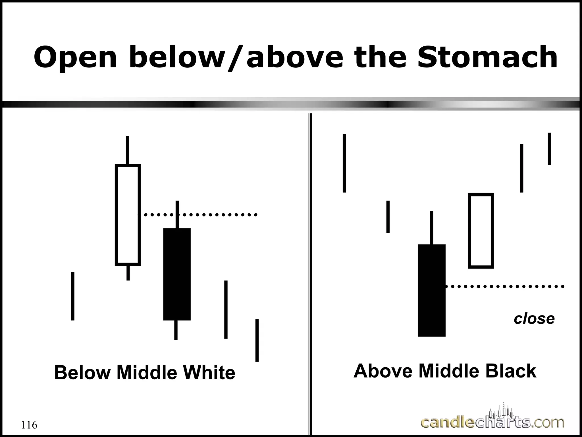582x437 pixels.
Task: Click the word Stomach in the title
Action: (x=487, y=57)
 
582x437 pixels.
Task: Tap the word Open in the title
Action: (x=75, y=57)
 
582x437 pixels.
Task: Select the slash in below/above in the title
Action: (x=236, y=58)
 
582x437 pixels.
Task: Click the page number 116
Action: (x=29, y=425)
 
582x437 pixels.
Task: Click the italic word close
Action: (x=534, y=319)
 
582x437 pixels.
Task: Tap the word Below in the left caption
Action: (x=82, y=373)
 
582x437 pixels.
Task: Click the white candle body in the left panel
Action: (x=128, y=215)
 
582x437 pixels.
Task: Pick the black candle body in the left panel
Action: (x=177, y=274)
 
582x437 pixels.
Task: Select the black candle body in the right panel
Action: (x=432, y=290)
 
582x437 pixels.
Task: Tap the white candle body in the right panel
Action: (x=481, y=231)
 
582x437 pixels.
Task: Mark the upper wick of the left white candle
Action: (x=128, y=150)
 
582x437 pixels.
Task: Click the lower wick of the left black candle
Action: (x=176, y=330)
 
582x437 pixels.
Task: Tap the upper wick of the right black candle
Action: (x=432, y=228)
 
